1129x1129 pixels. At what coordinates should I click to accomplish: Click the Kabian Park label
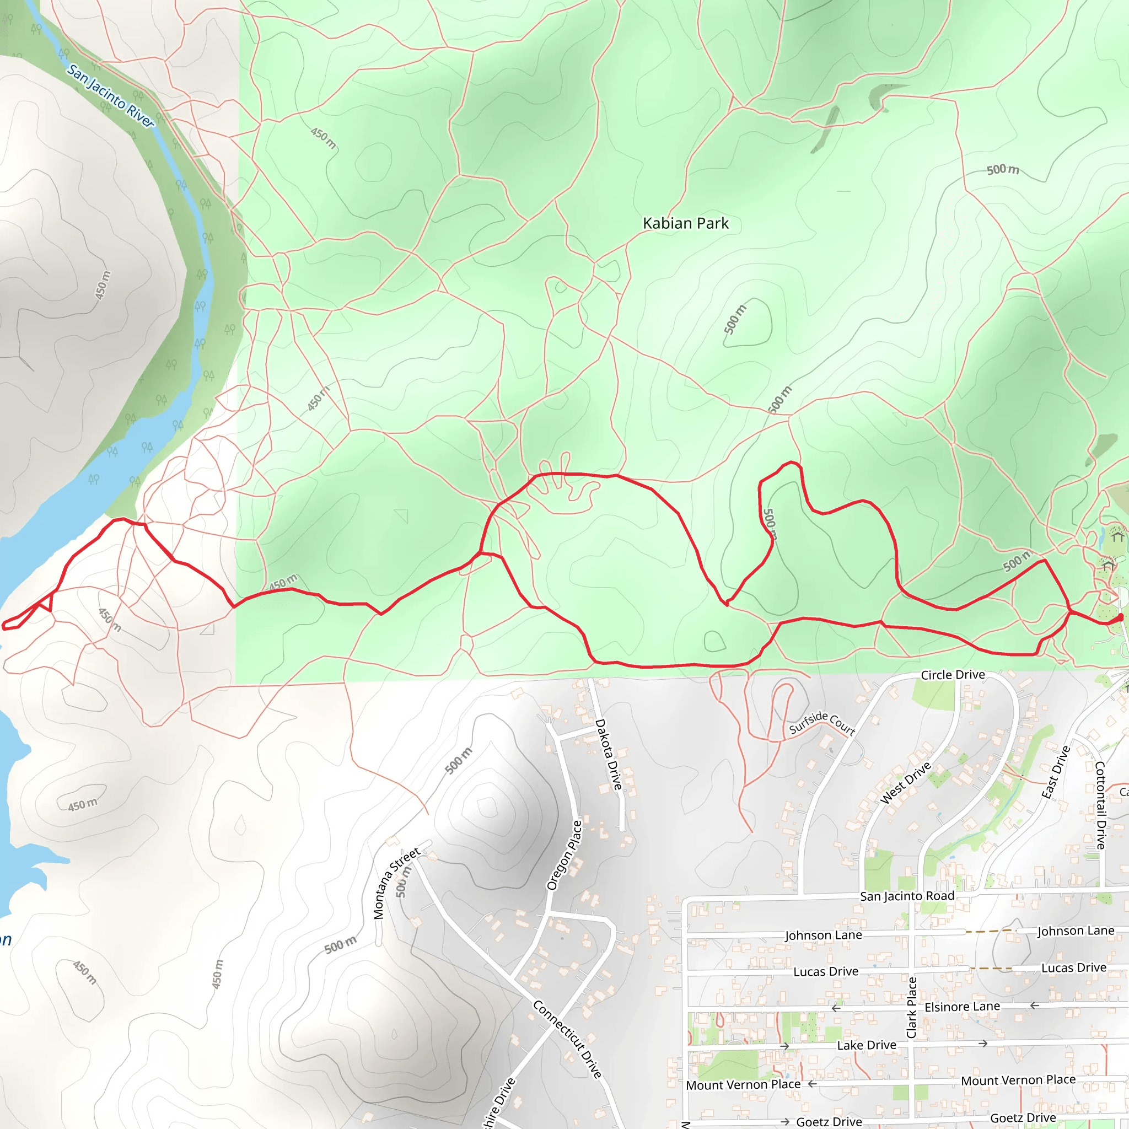(685, 223)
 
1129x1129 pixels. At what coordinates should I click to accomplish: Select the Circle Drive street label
(953, 675)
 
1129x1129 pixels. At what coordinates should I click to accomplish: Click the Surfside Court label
(822, 723)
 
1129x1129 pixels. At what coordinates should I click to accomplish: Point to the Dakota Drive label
(609, 755)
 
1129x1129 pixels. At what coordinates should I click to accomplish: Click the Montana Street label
(396, 883)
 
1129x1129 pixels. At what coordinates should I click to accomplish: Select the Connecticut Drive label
(567, 1039)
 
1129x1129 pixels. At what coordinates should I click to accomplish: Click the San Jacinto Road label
(907, 896)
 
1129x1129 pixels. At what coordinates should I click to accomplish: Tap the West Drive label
(905, 783)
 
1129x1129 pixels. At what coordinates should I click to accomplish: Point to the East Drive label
(1055, 772)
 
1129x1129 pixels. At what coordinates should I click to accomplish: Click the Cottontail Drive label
(1100, 805)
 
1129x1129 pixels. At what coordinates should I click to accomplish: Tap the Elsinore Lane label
(962, 1006)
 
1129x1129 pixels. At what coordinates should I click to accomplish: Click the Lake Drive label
(867, 1045)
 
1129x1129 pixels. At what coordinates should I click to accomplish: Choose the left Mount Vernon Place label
(743, 1084)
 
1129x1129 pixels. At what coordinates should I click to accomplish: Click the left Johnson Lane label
(824, 936)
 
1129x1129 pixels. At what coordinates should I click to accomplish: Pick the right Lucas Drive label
(1073, 967)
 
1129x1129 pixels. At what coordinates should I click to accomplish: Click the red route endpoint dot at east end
(1120, 617)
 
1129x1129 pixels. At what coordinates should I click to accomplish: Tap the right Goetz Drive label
(1023, 1118)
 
